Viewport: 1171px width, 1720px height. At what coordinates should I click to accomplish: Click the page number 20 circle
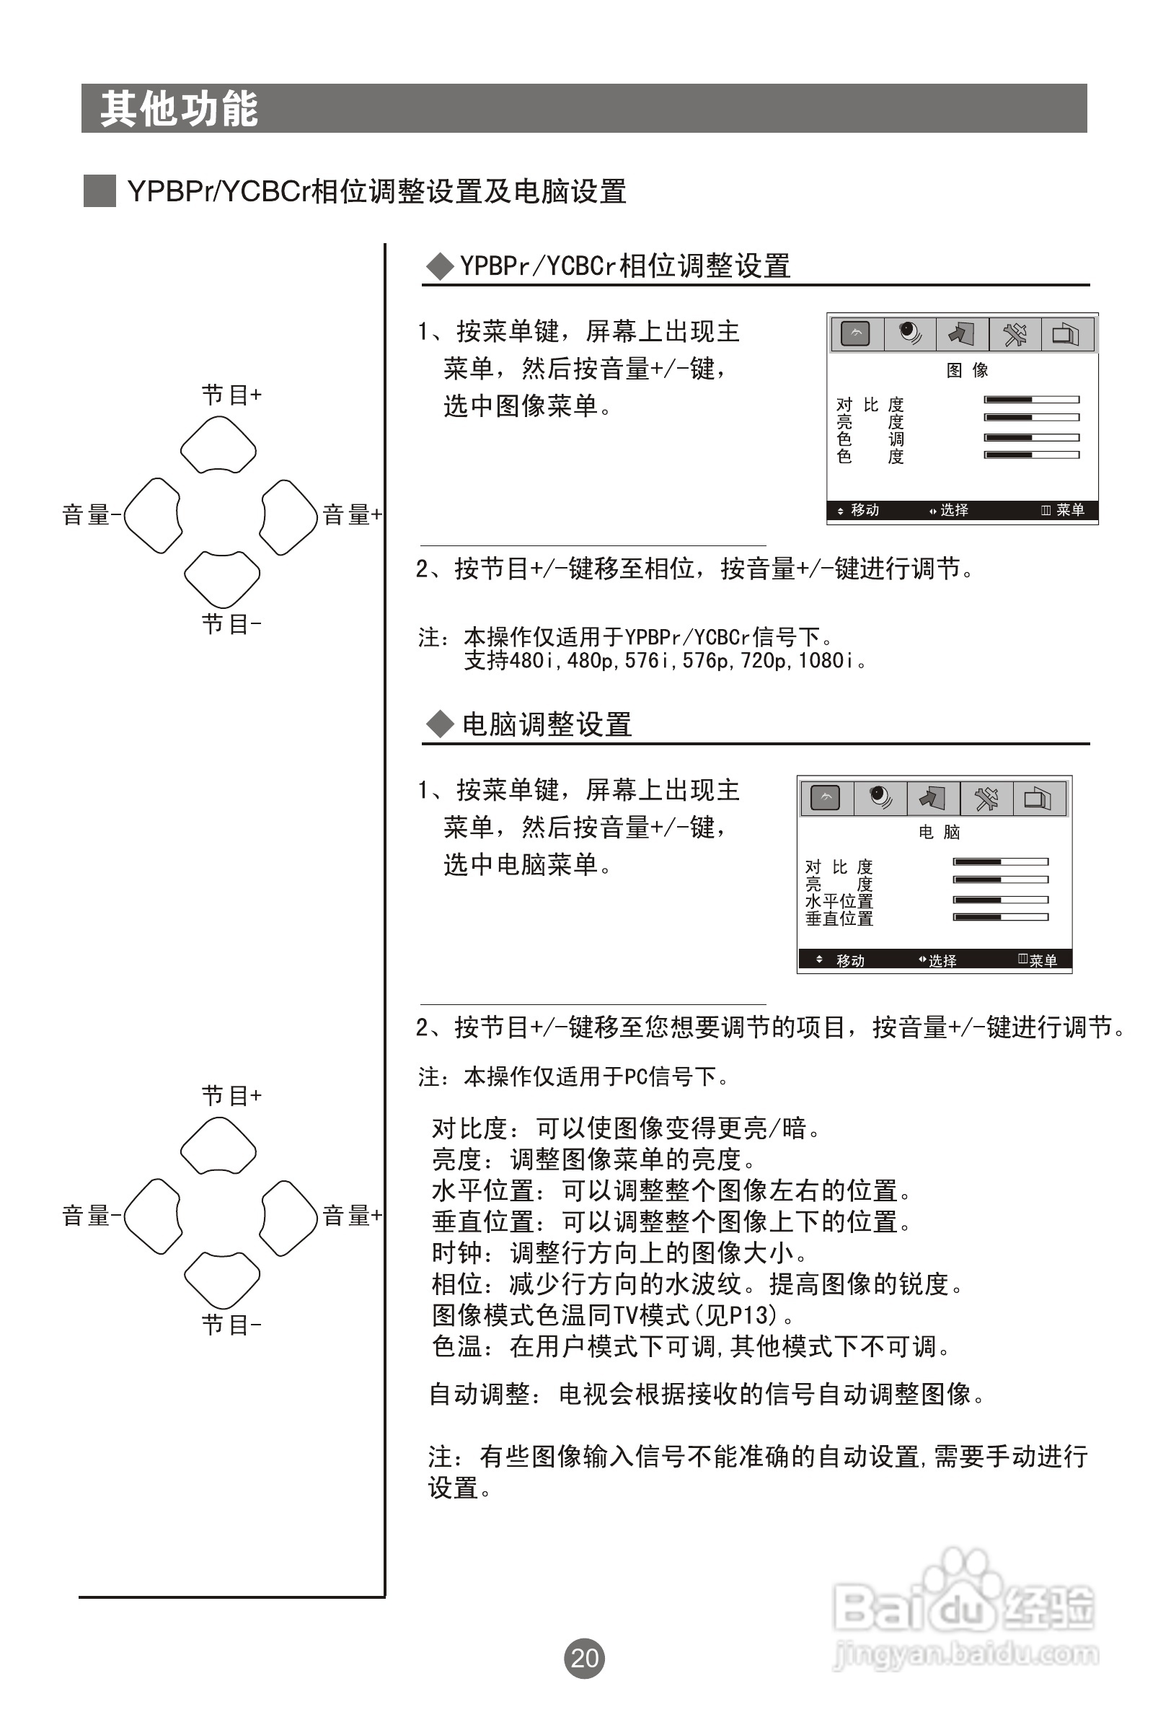(x=584, y=1658)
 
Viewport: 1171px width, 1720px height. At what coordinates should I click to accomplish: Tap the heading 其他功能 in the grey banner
(x=179, y=109)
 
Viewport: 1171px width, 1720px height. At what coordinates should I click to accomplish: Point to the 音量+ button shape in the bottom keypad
(x=289, y=1217)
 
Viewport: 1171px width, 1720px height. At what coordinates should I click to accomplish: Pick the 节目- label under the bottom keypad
(x=231, y=1325)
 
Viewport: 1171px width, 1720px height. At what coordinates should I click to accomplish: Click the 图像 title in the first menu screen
(x=967, y=370)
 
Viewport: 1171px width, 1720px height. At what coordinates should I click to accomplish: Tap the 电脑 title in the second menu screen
(x=939, y=832)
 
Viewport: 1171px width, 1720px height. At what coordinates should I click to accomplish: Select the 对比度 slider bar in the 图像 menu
(x=1031, y=400)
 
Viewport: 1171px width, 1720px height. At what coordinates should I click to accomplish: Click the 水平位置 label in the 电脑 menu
(x=839, y=900)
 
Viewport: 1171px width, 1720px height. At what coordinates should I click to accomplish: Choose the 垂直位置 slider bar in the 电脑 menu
(x=1000, y=918)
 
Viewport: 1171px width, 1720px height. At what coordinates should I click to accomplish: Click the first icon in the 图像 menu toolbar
(x=856, y=335)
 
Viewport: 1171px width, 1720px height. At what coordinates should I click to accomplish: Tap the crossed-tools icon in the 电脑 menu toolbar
(x=986, y=798)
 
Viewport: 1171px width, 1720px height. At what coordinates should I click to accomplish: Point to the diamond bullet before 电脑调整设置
(x=441, y=724)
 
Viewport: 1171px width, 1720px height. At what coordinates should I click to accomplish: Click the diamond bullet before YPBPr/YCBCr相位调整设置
(x=441, y=266)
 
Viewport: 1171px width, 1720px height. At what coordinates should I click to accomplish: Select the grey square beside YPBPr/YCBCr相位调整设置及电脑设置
(x=100, y=191)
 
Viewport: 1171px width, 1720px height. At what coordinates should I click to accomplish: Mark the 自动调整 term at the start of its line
(x=480, y=1395)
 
